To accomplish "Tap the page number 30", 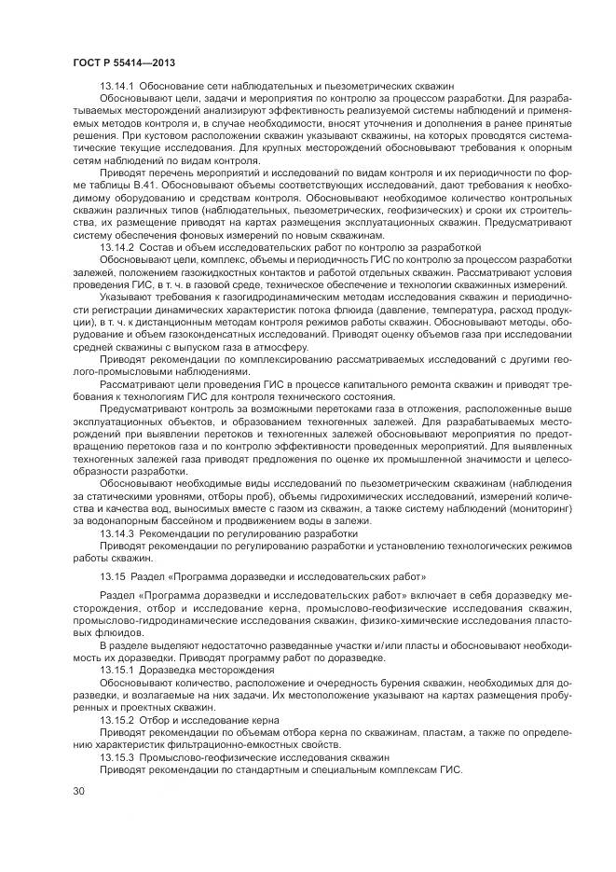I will pos(79,791).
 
